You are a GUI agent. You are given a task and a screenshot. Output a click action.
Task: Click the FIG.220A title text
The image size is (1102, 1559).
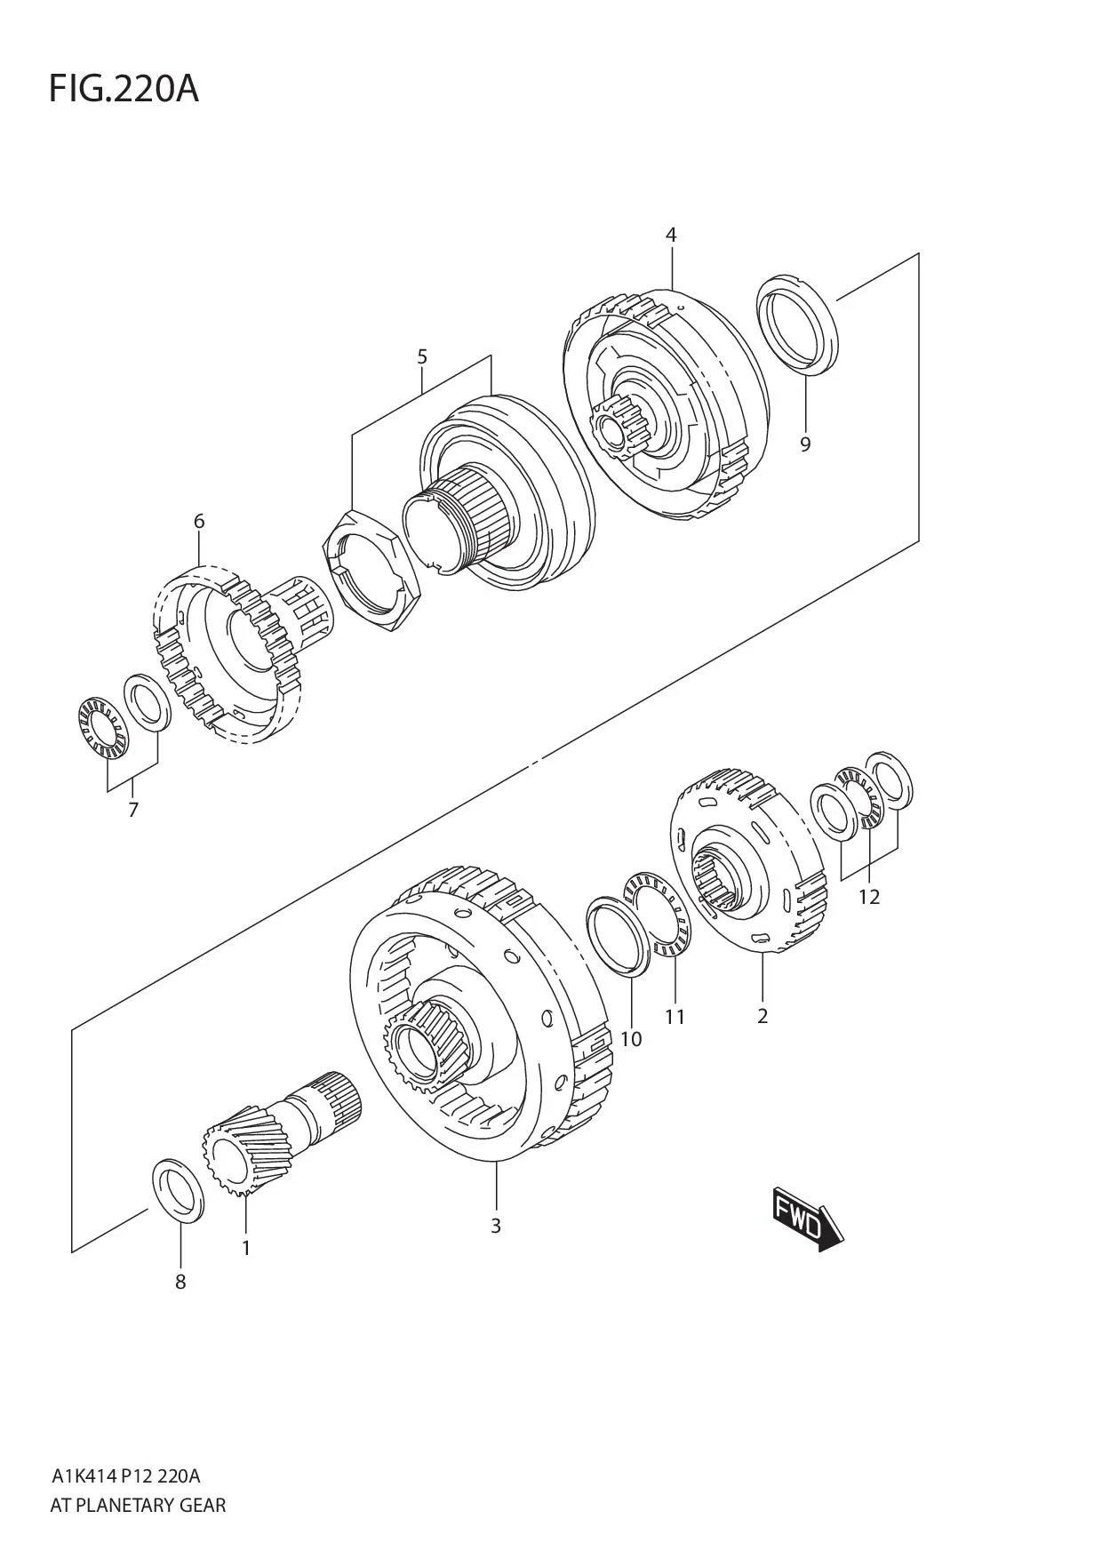click(124, 89)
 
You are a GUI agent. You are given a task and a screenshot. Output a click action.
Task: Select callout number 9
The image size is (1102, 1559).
click(805, 444)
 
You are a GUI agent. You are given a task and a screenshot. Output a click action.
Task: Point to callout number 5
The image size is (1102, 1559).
click(422, 357)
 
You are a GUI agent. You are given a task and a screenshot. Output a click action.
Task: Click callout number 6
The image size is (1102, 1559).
click(199, 521)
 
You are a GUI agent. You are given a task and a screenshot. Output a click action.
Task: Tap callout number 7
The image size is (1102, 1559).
click(133, 810)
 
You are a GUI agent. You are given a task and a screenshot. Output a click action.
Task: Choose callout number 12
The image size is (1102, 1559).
click(869, 897)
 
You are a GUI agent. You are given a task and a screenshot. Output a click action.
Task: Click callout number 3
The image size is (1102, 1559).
click(496, 1226)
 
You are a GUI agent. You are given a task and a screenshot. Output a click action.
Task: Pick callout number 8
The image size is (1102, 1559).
click(180, 1282)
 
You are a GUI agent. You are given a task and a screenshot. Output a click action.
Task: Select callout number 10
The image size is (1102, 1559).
click(631, 1038)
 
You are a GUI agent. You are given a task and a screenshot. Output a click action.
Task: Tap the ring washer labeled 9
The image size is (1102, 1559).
click(797, 324)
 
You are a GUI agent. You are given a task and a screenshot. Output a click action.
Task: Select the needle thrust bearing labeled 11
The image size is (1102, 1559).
click(660, 915)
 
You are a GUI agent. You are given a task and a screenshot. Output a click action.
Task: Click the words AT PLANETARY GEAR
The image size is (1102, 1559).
click(138, 1505)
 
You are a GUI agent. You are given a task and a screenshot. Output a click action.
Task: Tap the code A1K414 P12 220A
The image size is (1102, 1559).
click(125, 1476)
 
